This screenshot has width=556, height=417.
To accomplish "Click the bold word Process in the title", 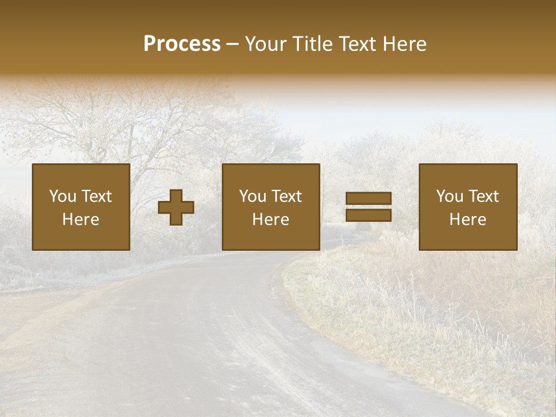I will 182,43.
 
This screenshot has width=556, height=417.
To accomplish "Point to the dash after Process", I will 232,45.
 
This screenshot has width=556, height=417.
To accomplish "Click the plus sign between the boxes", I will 176,207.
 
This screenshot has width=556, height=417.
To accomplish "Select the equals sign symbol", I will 368,207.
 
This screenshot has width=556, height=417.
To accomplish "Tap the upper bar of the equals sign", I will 368,199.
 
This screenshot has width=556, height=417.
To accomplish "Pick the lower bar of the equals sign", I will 368,215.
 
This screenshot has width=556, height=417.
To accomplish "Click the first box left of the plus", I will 81,207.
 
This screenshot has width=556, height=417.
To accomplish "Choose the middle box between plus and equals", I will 271,207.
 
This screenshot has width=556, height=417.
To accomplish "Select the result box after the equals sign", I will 468,207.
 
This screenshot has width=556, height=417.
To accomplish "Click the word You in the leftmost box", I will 63,196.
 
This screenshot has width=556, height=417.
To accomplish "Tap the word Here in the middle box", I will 271,220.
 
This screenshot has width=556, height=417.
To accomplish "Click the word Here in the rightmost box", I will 468,220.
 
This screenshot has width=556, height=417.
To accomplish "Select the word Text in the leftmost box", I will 96,196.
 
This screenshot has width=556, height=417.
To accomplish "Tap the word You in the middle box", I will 253,196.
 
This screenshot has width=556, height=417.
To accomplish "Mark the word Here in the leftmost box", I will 81,220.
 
